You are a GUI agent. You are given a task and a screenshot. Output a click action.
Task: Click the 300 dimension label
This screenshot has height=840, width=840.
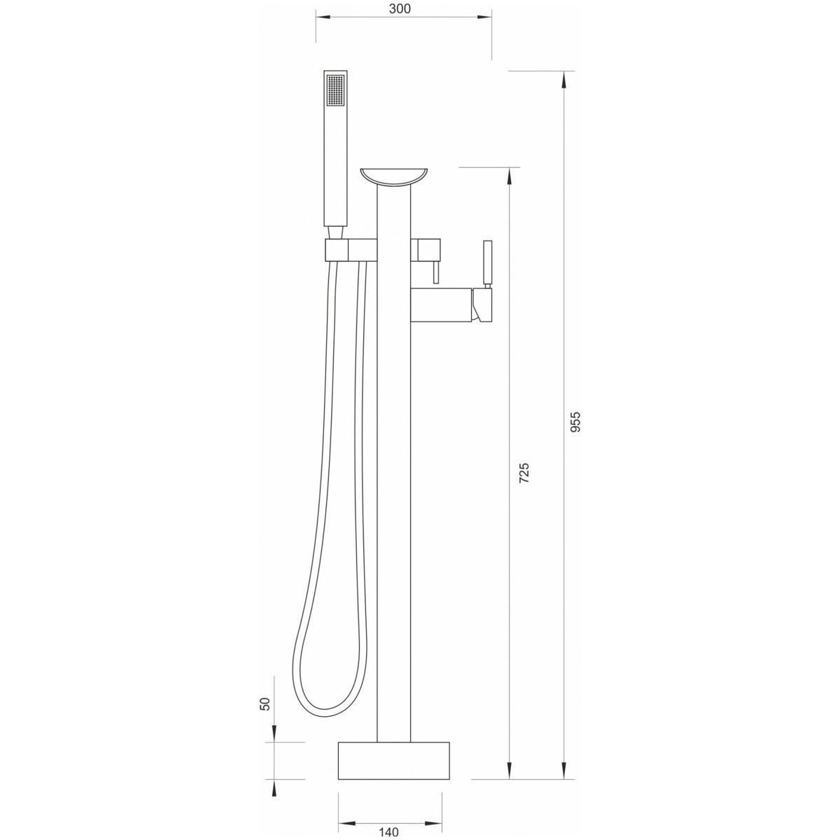click(x=400, y=8)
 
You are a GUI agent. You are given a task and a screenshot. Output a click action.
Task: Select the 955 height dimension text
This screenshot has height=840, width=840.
click(x=576, y=421)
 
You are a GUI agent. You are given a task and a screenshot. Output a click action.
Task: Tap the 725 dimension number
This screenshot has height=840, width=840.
click(x=524, y=472)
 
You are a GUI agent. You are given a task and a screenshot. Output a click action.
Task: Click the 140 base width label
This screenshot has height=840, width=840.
click(x=388, y=832)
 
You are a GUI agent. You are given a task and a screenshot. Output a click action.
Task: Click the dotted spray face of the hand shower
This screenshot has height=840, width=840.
click(x=335, y=90)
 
